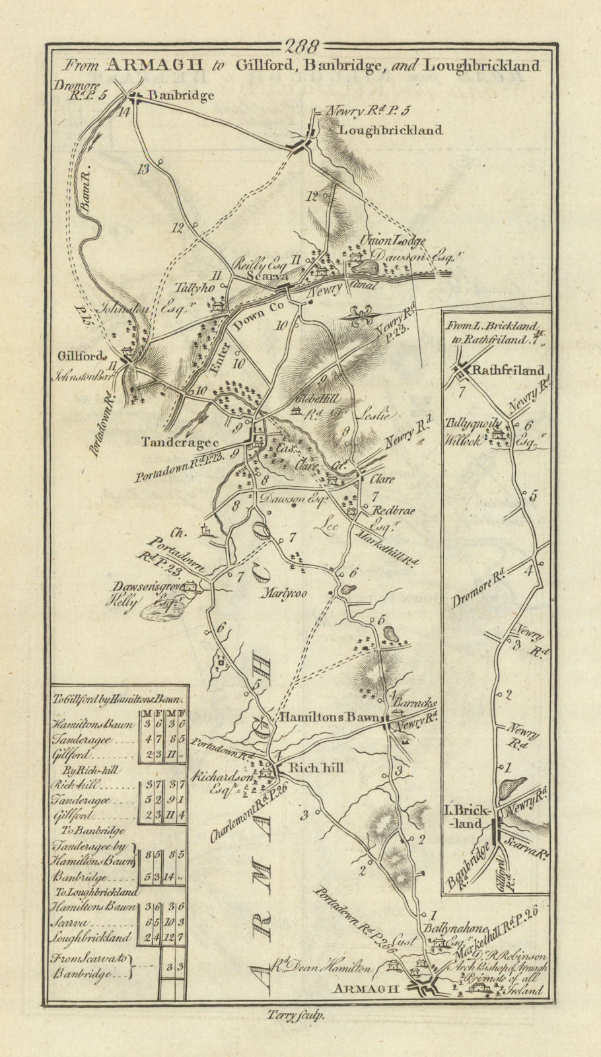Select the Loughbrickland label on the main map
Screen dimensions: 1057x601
pos(389,131)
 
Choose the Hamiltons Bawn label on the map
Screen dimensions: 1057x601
pos(330,717)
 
